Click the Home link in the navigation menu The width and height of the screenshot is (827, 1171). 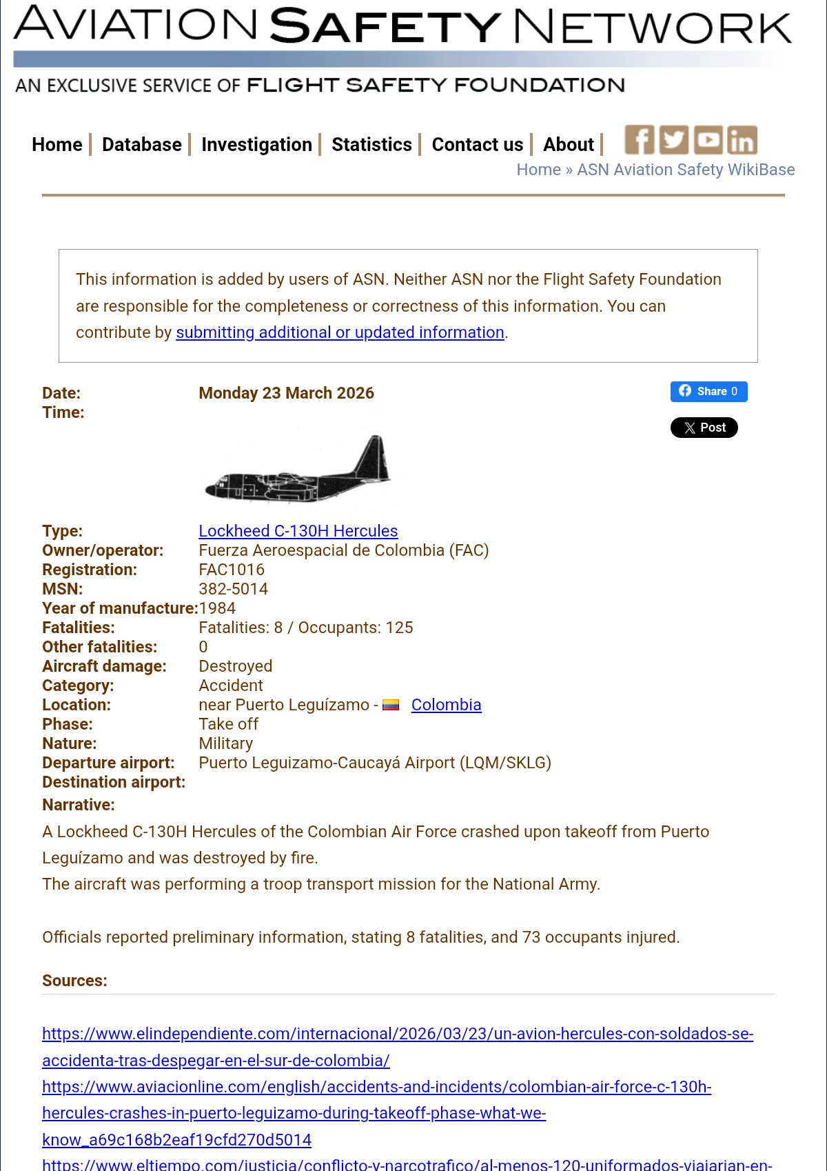click(x=57, y=145)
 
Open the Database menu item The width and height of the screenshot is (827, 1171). click(x=141, y=145)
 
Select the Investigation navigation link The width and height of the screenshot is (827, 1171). click(x=256, y=145)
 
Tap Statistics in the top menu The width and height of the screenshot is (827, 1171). click(x=371, y=145)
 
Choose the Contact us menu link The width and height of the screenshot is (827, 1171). click(x=477, y=145)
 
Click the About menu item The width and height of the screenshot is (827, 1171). click(x=568, y=145)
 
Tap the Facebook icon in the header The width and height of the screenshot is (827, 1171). click(x=639, y=140)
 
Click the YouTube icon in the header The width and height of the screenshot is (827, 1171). click(x=708, y=140)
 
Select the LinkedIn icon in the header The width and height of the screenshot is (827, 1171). click(x=742, y=140)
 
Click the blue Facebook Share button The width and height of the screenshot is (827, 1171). click(x=708, y=392)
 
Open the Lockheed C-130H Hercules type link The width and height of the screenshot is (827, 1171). click(x=298, y=531)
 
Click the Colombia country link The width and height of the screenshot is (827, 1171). click(x=446, y=705)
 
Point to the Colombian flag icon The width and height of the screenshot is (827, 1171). click(x=391, y=705)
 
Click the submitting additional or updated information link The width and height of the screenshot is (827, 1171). click(x=340, y=332)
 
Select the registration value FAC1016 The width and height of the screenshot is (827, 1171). click(x=232, y=570)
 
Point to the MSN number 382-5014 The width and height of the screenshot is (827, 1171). click(x=233, y=589)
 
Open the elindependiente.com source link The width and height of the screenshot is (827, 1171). click(x=397, y=1034)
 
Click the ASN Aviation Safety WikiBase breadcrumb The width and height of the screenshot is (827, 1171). click(x=685, y=170)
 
